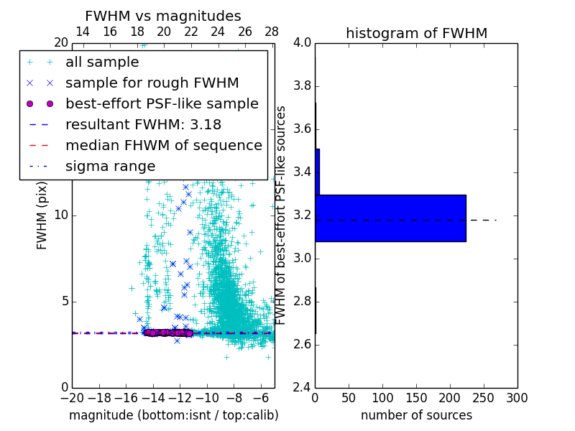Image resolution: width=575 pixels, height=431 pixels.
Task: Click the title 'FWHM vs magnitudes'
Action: [163, 16]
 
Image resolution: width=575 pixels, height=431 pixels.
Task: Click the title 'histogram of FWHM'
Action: [416, 33]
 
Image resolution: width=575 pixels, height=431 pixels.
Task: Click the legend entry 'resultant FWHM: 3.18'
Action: [143, 125]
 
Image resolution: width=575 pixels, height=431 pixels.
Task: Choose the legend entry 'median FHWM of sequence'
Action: [163, 146]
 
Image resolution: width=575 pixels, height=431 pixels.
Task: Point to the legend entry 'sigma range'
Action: [110, 167]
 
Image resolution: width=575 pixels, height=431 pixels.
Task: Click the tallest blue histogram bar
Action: [390, 218]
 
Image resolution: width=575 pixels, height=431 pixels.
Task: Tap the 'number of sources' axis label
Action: [416, 415]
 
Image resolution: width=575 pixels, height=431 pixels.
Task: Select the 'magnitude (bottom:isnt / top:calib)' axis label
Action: [173, 415]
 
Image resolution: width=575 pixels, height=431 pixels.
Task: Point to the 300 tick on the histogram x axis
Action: [517, 397]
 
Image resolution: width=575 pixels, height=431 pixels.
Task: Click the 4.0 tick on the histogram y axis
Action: [303, 43]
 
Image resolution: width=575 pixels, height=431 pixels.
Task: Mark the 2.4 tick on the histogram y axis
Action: [303, 387]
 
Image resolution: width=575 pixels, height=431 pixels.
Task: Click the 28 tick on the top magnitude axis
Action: [272, 32]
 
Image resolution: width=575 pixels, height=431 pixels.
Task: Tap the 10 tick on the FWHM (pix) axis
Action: [60, 215]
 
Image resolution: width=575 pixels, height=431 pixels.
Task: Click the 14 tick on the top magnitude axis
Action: [83, 32]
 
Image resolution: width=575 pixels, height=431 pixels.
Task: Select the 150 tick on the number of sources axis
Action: [416, 397]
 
